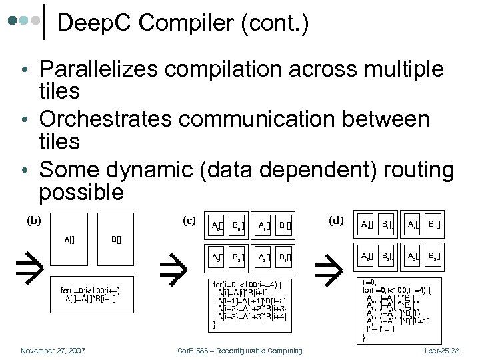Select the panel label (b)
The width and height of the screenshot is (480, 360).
click(x=34, y=219)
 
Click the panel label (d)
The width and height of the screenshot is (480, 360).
click(x=336, y=219)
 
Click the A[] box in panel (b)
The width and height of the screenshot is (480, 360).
click(x=69, y=238)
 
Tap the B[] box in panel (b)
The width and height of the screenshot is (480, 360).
click(x=116, y=238)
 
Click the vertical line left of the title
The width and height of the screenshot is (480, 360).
click(x=45, y=21)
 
